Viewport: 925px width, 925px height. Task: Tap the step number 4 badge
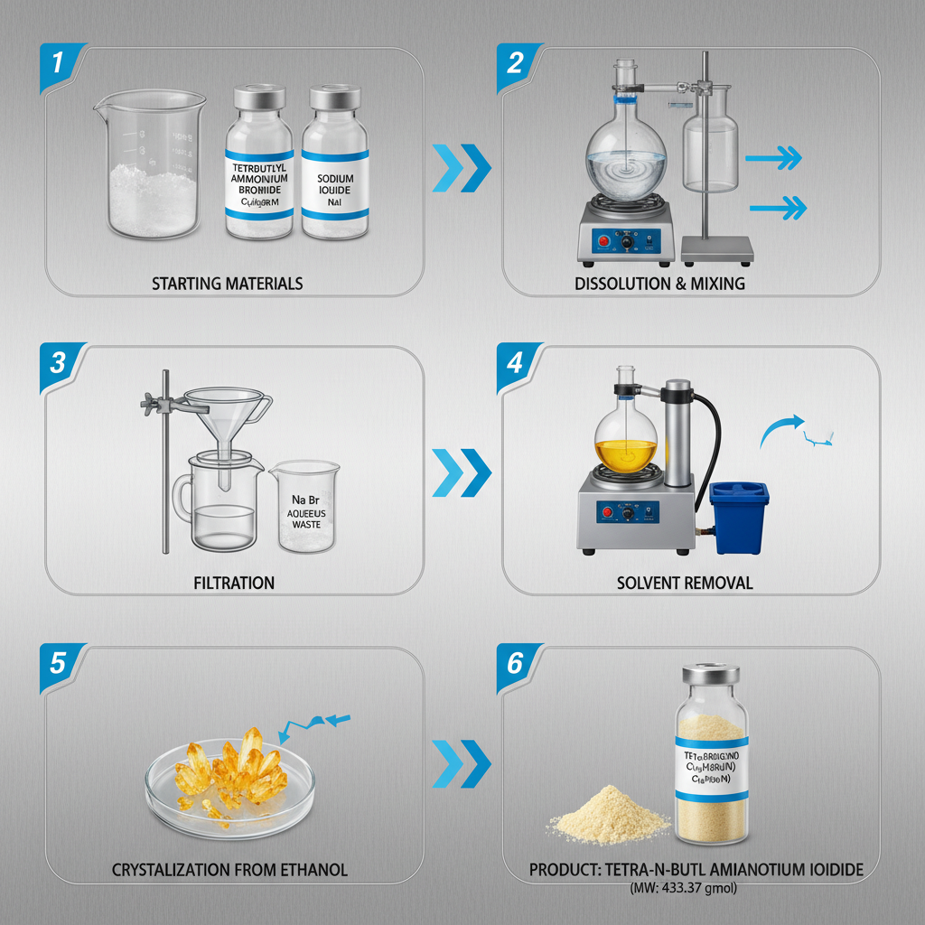[516, 363]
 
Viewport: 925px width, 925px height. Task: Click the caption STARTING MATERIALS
[228, 284]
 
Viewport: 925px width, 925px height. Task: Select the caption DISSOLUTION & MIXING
[659, 284]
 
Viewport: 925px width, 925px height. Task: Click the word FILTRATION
[234, 583]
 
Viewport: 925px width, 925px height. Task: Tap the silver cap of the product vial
[710, 674]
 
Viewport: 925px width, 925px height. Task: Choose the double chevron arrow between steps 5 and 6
[462, 763]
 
